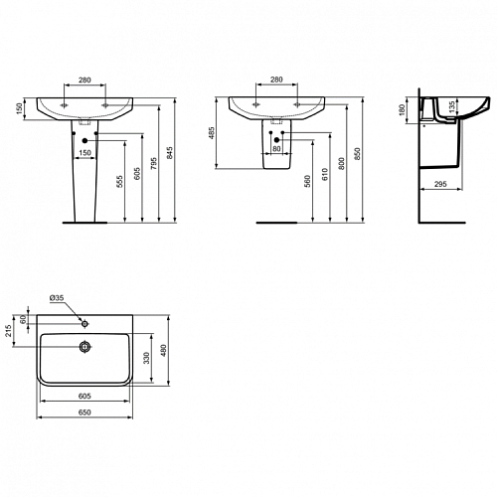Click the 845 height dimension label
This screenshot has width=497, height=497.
click(170, 153)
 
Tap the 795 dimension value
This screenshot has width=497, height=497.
click(154, 164)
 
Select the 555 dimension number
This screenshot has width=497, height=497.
click(120, 182)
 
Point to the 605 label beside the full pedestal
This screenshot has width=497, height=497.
click(137, 174)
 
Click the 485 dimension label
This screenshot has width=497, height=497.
click(213, 132)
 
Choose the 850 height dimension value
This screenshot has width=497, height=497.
click(357, 154)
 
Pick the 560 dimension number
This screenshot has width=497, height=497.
click(307, 182)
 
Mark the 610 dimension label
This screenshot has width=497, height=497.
click(325, 174)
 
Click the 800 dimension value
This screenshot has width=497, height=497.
click(342, 163)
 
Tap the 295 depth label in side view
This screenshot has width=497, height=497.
click(440, 184)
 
